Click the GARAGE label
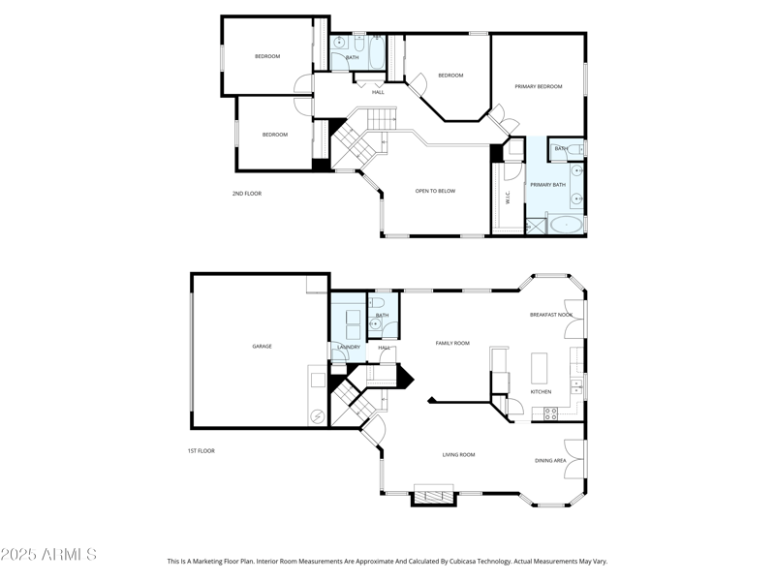point(262,346)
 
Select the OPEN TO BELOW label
point(435,191)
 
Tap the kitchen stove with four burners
point(550,413)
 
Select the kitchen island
point(540,368)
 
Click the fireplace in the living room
point(433,494)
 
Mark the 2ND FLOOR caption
point(246,194)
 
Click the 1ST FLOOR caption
point(201,451)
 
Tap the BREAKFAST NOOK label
point(550,315)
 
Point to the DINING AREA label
point(550,460)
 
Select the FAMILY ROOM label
point(451,343)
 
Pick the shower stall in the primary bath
point(536,226)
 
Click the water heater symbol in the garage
point(317,416)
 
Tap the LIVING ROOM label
point(458,454)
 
